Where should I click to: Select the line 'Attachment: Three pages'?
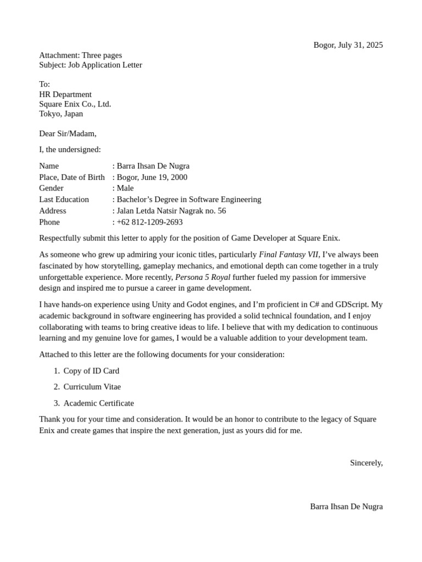(80, 55)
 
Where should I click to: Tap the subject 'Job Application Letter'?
(105, 65)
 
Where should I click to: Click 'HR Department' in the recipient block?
(65, 94)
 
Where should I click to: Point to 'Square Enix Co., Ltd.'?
(75, 104)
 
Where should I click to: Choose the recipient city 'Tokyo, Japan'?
(61, 114)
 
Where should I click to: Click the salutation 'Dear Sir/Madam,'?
(68, 133)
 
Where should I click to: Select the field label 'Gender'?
(51, 188)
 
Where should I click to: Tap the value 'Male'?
(125, 188)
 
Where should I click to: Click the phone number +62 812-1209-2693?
(149, 222)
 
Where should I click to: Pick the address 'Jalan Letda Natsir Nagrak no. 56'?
(171, 211)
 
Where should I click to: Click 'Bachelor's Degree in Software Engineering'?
(188, 200)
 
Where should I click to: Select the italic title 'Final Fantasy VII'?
(288, 255)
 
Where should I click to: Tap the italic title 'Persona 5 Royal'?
(203, 277)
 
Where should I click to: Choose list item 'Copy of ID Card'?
(91, 371)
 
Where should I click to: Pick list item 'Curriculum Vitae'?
(92, 387)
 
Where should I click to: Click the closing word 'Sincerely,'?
(366, 463)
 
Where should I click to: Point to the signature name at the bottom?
(346, 507)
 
